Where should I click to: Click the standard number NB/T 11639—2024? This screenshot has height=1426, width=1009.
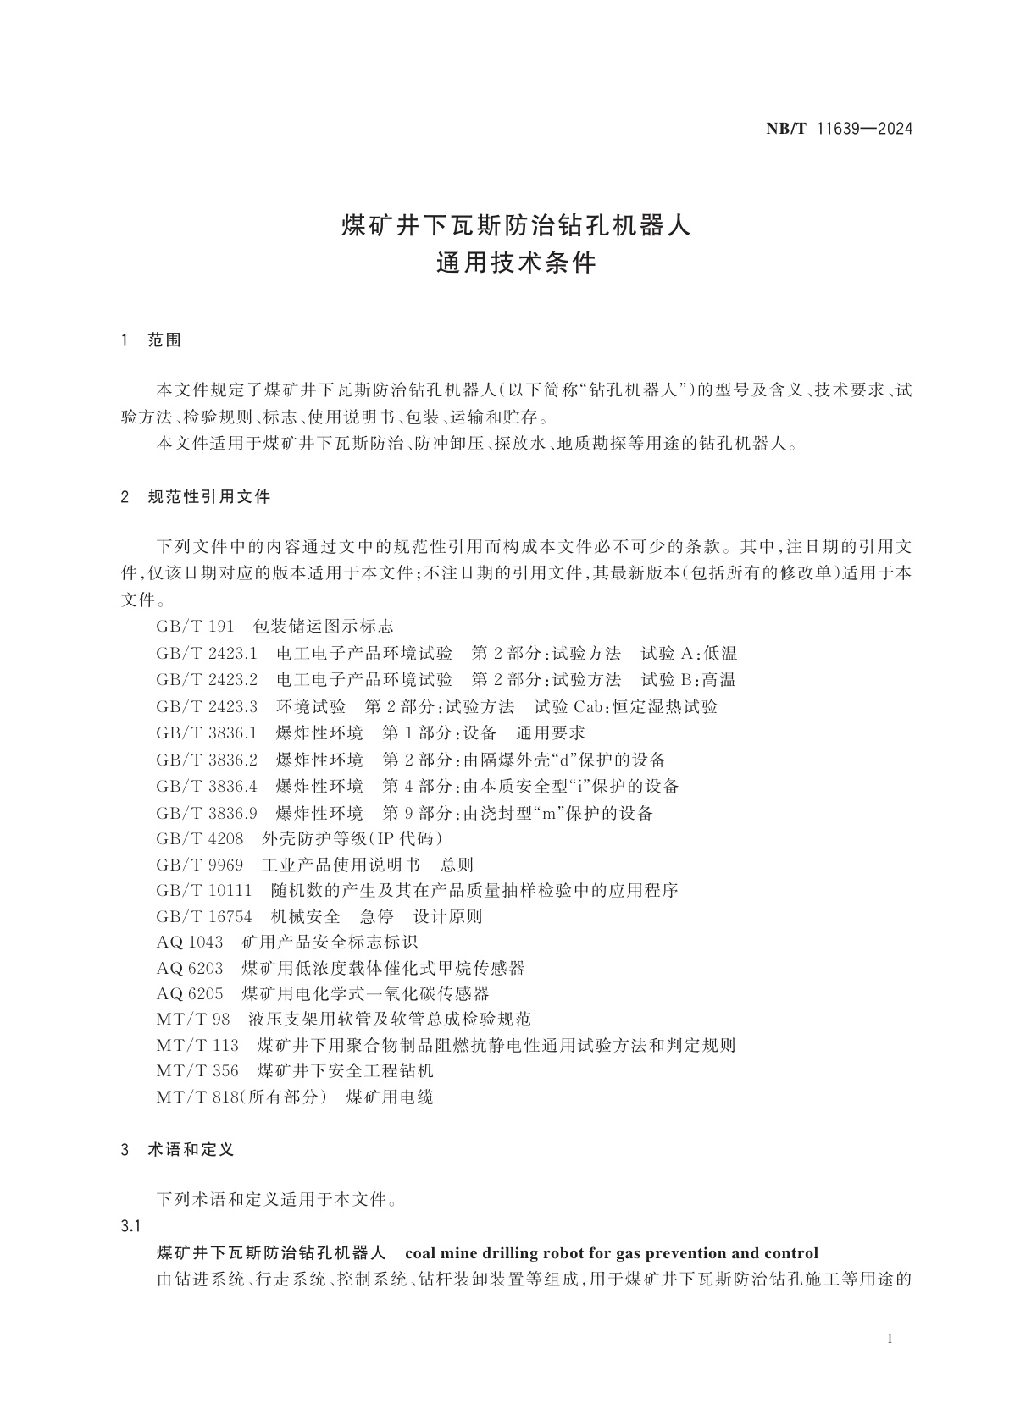(838, 130)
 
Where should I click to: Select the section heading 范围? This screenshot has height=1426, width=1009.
(164, 341)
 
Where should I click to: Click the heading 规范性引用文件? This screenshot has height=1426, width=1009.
(209, 497)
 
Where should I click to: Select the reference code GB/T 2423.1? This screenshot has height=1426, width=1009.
(206, 653)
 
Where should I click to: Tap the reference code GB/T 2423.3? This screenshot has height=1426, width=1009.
(206, 706)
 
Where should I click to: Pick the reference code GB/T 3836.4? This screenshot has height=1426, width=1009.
(206, 787)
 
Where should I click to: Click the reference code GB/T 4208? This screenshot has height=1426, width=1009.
(199, 839)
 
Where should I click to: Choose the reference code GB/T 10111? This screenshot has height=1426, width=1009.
(203, 891)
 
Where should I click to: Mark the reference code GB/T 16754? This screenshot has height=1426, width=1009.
(203, 916)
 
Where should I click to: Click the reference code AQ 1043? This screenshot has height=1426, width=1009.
(189, 942)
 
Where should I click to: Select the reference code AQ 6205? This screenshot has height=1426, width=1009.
(189, 993)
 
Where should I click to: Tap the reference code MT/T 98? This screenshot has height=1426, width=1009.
(192, 1020)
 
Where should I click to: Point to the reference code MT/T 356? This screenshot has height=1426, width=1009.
(197, 1071)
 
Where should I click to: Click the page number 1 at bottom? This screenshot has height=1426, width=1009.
(889, 1339)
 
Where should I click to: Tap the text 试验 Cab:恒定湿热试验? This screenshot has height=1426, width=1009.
(626, 706)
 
